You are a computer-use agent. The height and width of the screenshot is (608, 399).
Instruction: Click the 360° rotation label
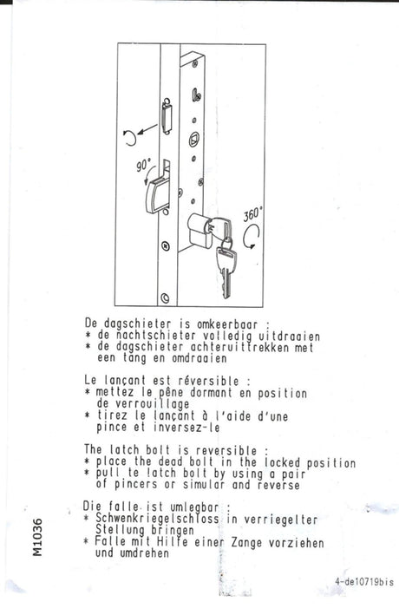pyautogui.click(x=252, y=214)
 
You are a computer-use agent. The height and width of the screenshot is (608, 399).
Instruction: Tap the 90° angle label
pyautogui.click(x=143, y=165)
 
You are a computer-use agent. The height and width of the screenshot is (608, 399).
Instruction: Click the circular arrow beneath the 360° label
pyautogui.click(x=252, y=237)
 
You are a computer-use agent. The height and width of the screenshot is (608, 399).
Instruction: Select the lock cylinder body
pyautogui.click(x=199, y=231)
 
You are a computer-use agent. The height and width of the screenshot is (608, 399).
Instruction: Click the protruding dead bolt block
pyautogui.click(x=157, y=195)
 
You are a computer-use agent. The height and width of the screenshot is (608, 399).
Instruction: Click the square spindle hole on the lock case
pyautogui.click(x=194, y=139)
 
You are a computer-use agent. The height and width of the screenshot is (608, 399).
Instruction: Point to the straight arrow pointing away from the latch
pyautogui.click(x=147, y=129)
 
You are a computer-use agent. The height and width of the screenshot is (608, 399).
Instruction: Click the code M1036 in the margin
pyautogui.click(x=37, y=537)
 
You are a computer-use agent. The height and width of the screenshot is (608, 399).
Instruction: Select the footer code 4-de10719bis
pyautogui.click(x=364, y=582)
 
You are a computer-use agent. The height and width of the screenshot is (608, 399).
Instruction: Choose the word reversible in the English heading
pyautogui.click(x=226, y=450)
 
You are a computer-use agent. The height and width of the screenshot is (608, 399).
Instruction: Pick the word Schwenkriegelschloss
pyautogui.click(x=157, y=519)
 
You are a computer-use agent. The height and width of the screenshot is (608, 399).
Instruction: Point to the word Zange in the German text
pyautogui.click(x=246, y=543)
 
